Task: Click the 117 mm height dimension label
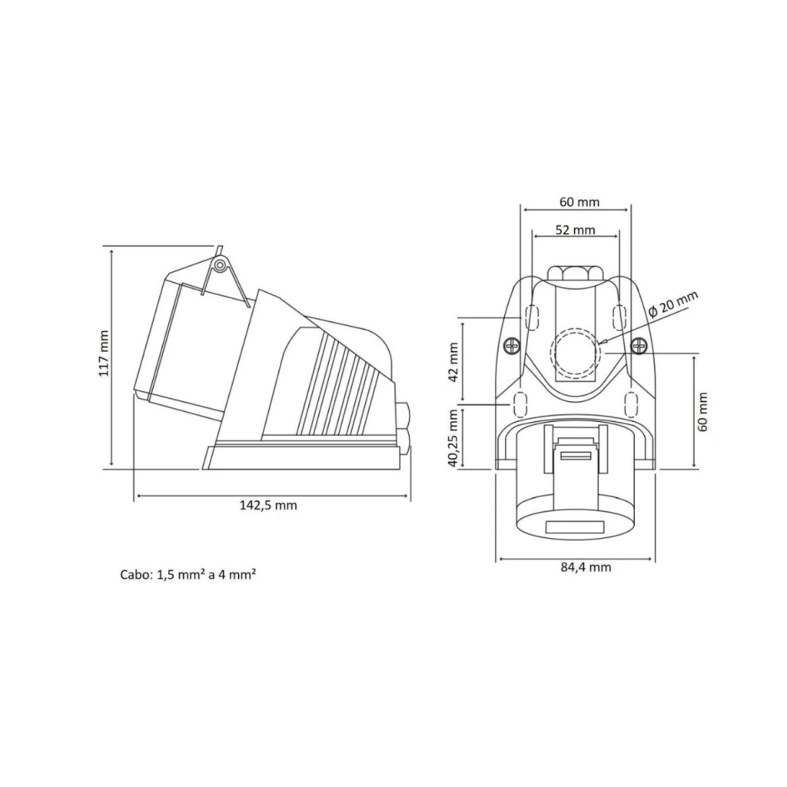pos(104,354)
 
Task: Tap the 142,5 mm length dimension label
pos(268,506)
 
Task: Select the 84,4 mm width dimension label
pos(586,567)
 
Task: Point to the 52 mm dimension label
pos(575,231)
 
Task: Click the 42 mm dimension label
pos(453,362)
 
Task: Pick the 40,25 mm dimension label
pos(453,438)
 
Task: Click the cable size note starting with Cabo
pos(188,574)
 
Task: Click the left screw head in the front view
pos(511,346)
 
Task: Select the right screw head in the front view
pos(639,346)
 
